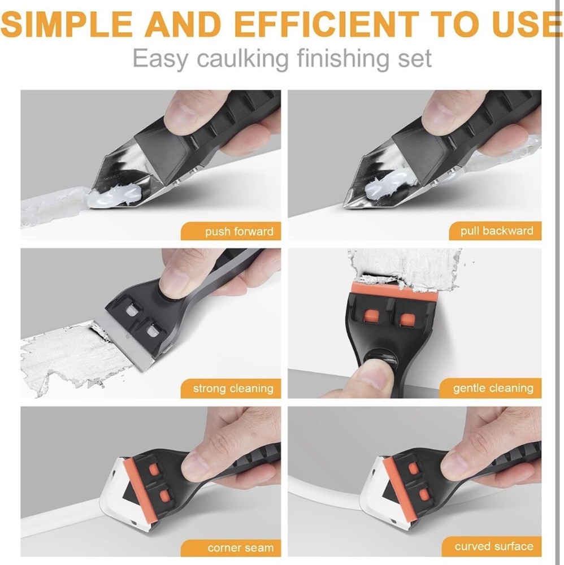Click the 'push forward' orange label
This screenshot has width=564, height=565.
231,231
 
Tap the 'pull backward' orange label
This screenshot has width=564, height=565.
495,231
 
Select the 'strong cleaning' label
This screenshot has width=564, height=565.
231,389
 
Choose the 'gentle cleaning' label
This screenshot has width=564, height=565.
491,388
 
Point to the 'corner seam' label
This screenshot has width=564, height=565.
231,548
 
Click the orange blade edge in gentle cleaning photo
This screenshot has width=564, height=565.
394,287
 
